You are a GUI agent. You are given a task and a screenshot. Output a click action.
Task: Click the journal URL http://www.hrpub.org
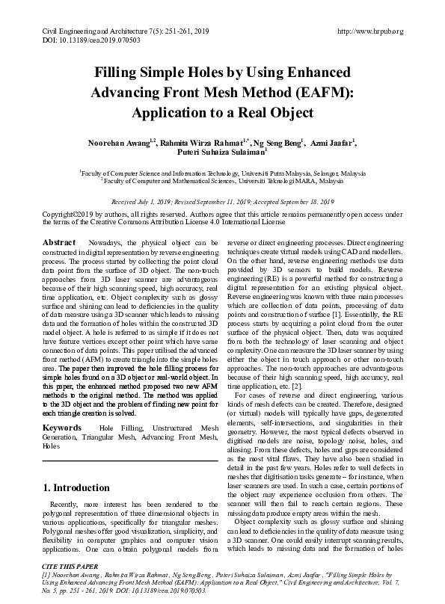(x=370, y=31)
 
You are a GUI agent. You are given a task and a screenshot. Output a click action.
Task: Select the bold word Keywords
(x=62, y=428)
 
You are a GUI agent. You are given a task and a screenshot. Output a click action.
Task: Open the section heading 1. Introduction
(x=78, y=488)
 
